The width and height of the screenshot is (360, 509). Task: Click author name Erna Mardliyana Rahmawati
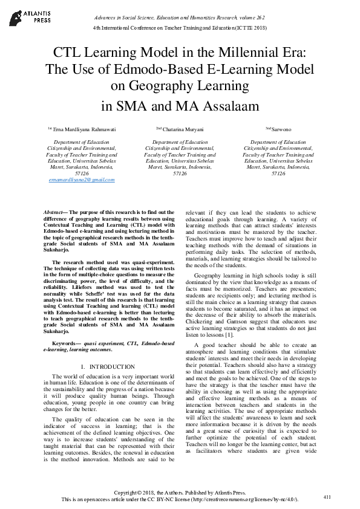[84, 129]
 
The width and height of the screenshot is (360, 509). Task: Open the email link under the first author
[81, 180]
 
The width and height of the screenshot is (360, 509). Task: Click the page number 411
[327, 497]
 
